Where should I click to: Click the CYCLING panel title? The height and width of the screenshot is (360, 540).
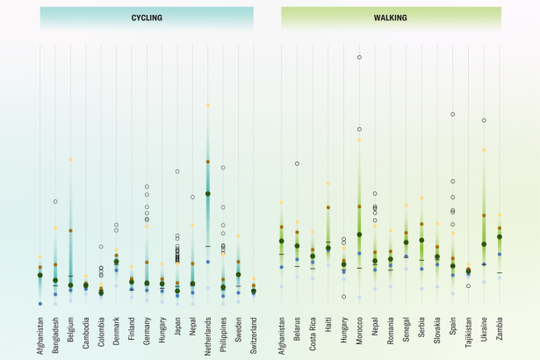coord(146,18)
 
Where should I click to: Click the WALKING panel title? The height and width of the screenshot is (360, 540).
coord(391,18)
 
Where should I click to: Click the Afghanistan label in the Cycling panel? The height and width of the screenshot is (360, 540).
coord(40,328)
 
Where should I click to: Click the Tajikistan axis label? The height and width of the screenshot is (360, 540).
coord(469,331)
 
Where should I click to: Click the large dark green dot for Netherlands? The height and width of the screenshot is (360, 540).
coord(208,193)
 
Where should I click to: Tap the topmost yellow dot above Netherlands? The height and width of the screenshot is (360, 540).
coord(208,105)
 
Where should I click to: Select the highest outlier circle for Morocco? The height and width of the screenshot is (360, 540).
coord(359,57)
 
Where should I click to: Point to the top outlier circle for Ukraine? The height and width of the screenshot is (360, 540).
coord(484,120)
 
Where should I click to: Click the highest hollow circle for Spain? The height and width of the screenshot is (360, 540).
coord(453,114)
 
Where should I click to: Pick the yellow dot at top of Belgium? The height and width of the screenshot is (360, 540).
coord(70,160)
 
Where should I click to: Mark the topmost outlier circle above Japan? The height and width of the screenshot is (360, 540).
coord(177,171)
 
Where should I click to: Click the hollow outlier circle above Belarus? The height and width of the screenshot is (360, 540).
coord(297,163)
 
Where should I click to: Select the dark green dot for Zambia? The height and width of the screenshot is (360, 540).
coord(500,236)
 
